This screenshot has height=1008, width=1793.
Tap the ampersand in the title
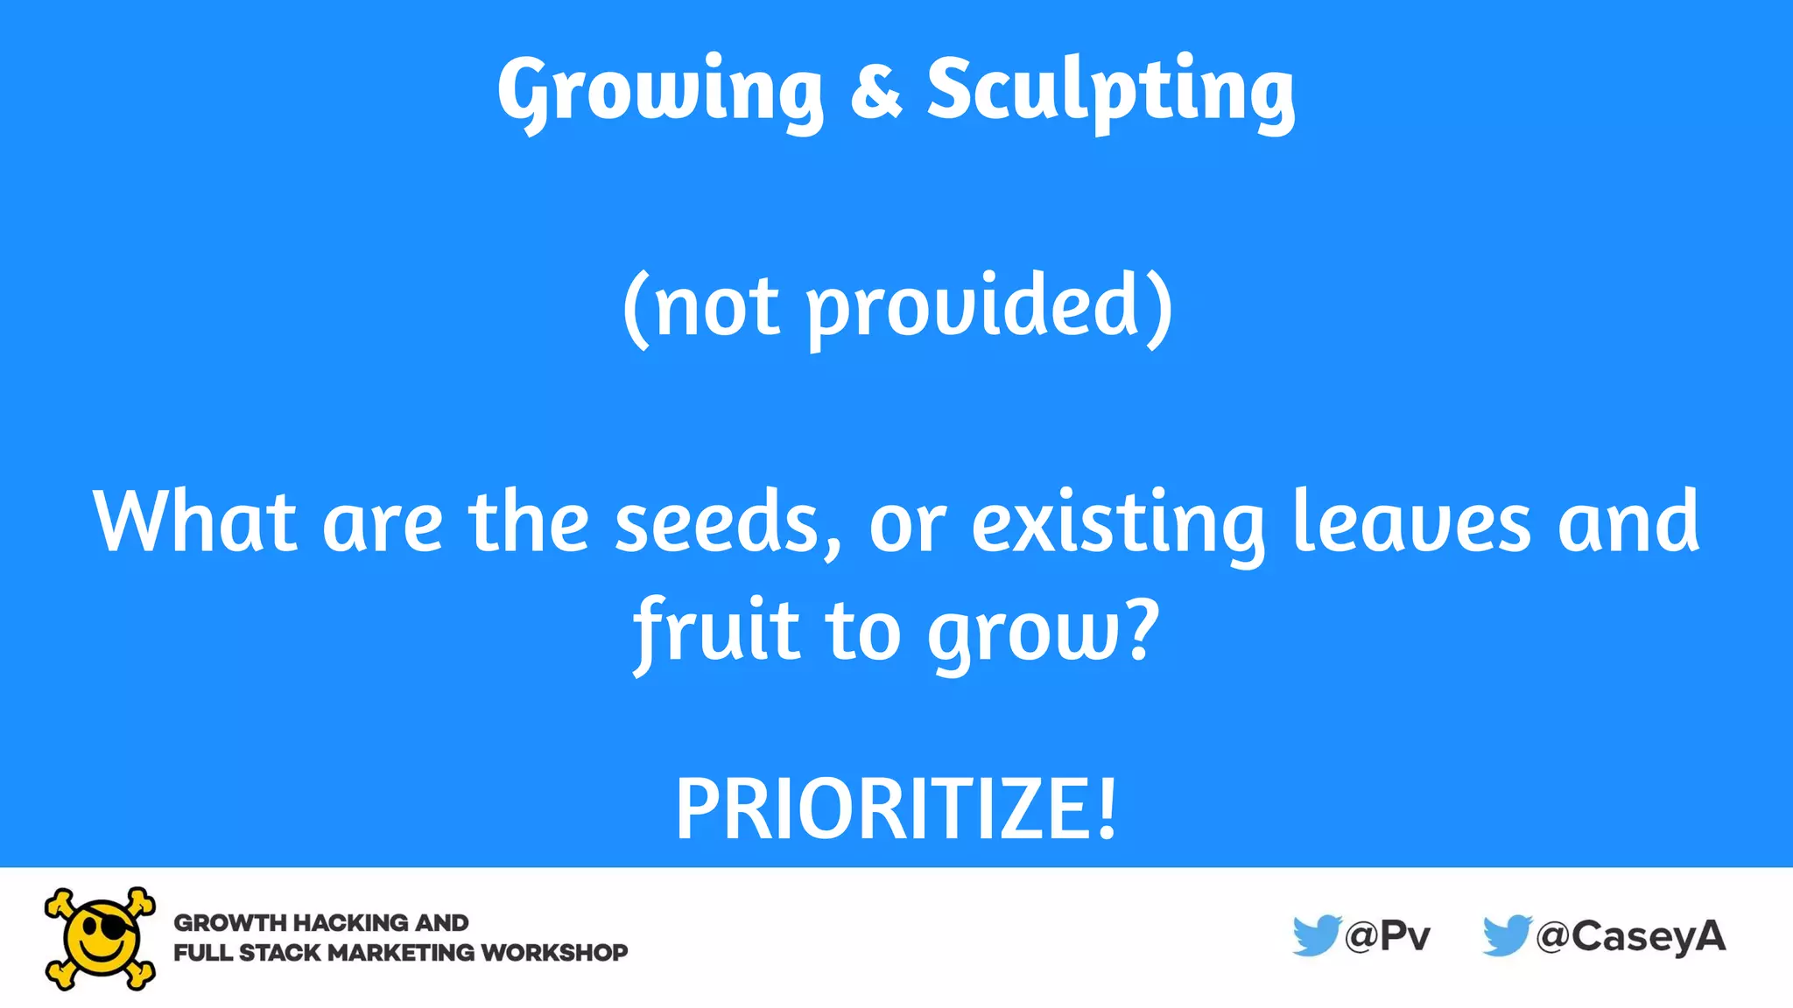pos(875,89)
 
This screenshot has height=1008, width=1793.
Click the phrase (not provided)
pos(896,306)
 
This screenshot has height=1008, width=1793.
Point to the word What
pos(194,521)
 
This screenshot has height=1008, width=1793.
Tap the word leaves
pos(1411,523)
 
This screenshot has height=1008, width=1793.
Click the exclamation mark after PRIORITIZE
pos(1107,808)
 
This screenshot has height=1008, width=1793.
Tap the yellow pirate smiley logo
pos(101,938)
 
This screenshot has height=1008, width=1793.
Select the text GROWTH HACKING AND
pos(321,922)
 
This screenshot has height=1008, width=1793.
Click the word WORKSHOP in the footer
pos(554,952)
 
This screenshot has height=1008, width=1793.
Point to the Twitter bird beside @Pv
pos(1316,935)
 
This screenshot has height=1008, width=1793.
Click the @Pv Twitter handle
pos(1388,936)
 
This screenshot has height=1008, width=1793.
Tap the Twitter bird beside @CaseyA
pos(1506,935)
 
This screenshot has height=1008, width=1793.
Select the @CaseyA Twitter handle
pos(1631,936)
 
